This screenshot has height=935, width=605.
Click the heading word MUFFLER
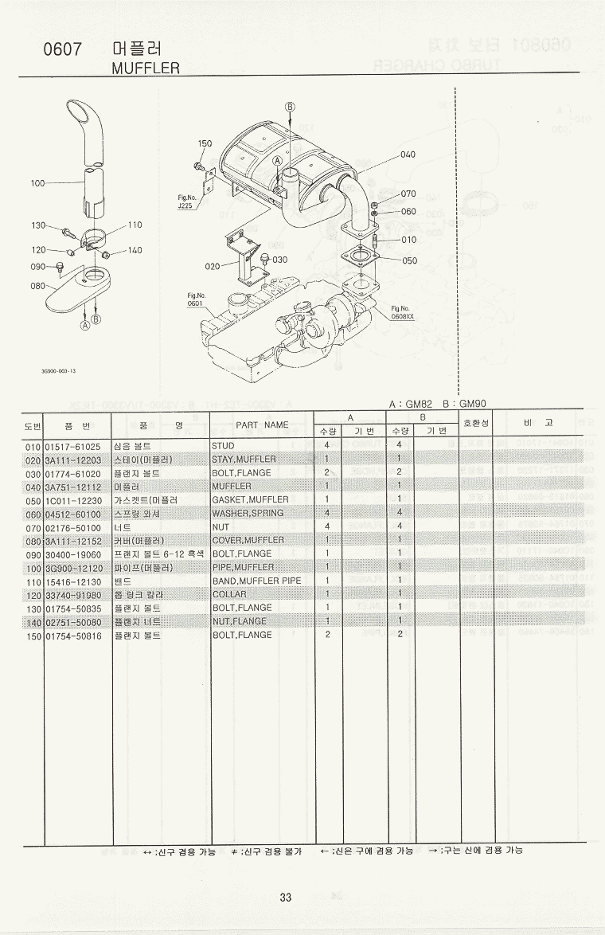pyautogui.click(x=146, y=68)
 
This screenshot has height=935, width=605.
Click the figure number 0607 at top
pyautogui.click(x=63, y=50)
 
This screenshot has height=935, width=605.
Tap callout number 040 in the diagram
pyautogui.click(x=408, y=154)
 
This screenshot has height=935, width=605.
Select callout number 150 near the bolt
pyautogui.click(x=205, y=144)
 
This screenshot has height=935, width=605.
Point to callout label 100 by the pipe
pyautogui.click(x=37, y=183)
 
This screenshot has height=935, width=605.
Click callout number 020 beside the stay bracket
pyautogui.click(x=211, y=266)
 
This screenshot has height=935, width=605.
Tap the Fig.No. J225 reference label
pyautogui.click(x=187, y=201)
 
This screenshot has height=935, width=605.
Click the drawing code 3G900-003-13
pyautogui.click(x=59, y=370)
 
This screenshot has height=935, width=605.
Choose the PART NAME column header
pyautogui.click(x=262, y=424)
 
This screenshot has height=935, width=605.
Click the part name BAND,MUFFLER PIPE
pyautogui.click(x=256, y=581)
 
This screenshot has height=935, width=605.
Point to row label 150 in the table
pyautogui.click(x=33, y=635)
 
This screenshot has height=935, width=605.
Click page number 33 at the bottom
pyautogui.click(x=286, y=897)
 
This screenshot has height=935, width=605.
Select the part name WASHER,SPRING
pyautogui.click(x=248, y=513)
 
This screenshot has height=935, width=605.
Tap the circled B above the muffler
pyautogui.click(x=290, y=106)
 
